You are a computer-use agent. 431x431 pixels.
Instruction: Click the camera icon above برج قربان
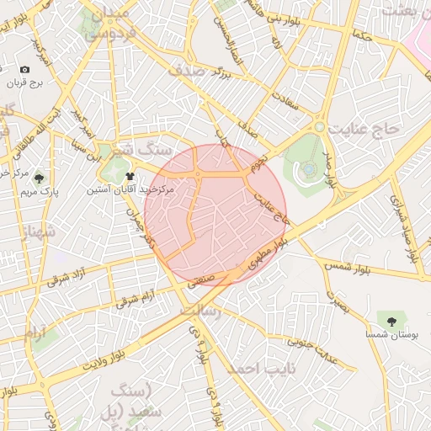click(x=24, y=69)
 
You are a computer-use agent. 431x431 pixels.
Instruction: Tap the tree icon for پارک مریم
click(x=39, y=178)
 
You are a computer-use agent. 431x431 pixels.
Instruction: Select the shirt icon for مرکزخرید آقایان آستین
click(x=130, y=177)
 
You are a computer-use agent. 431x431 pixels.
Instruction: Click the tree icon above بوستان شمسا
click(x=391, y=321)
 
